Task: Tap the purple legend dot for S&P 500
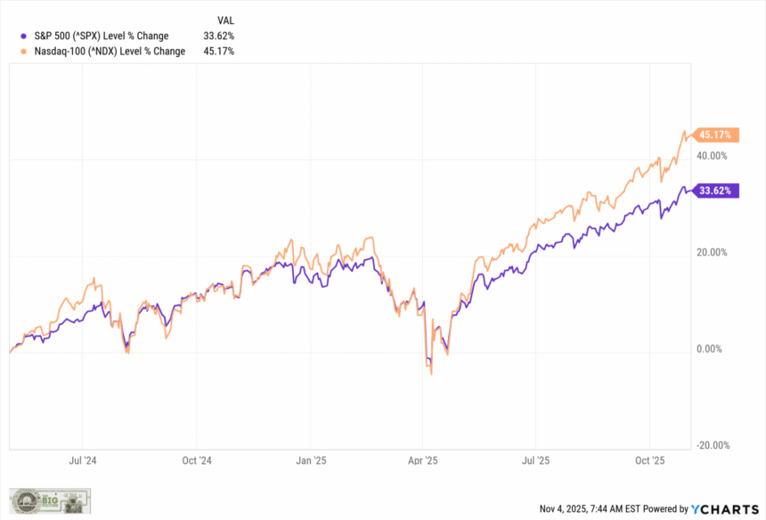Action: tap(22, 36)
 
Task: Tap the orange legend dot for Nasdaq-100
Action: tap(22, 51)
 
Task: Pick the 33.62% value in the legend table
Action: tap(219, 36)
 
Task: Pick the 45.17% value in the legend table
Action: tap(219, 51)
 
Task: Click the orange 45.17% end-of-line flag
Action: tap(715, 135)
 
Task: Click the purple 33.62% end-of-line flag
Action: tap(715, 191)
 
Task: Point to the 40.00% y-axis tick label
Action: tap(712, 156)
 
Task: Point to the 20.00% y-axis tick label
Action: tap(712, 253)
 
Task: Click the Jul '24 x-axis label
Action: tap(83, 461)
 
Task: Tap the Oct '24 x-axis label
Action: tap(196, 461)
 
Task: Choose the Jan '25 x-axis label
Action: tap(310, 461)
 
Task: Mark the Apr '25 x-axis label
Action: tap(422, 461)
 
